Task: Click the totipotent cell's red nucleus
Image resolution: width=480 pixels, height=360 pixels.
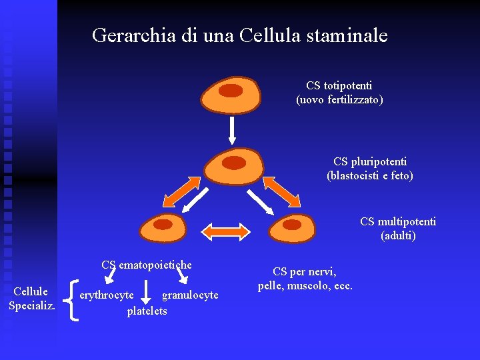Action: click(231, 91)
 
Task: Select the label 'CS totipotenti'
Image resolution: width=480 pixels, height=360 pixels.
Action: click(339, 86)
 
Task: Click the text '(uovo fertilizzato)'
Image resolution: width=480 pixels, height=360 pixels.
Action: click(339, 100)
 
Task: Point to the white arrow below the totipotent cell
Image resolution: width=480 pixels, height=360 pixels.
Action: click(232, 129)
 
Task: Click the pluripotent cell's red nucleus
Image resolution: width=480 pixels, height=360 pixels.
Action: click(233, 162)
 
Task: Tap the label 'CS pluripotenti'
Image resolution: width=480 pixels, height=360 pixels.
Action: click(370, 161)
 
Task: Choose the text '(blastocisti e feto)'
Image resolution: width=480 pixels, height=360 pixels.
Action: click(370, 176)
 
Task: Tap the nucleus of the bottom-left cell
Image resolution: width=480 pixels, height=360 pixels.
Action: click(163, 225)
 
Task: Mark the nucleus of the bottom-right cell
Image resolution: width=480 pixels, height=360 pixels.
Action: click(292, 225)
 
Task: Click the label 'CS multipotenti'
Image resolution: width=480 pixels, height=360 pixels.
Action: click(398, 221)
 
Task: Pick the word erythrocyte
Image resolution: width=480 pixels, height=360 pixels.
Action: click(106, 295)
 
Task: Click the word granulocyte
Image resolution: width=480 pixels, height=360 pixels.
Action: click(190, 295)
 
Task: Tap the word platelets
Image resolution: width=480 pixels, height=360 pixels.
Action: click(147, 311)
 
